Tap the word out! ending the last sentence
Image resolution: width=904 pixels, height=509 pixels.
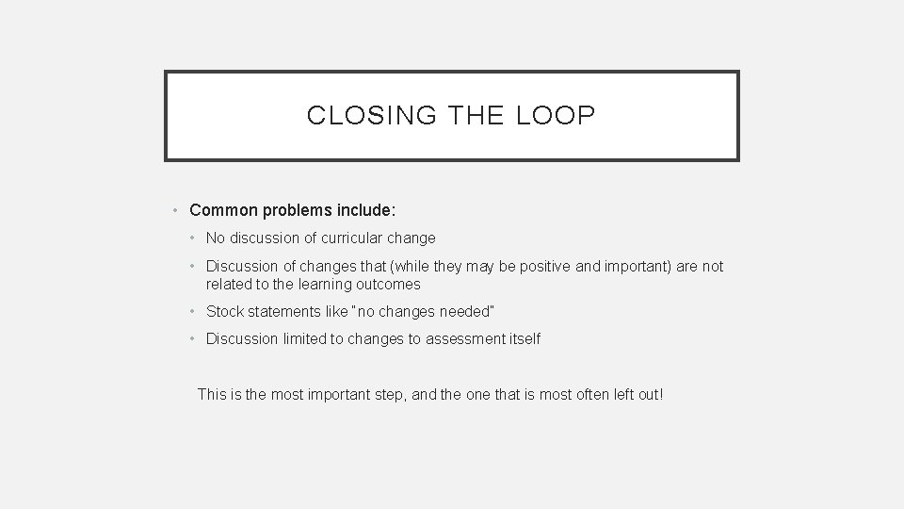tap(650, 394)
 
